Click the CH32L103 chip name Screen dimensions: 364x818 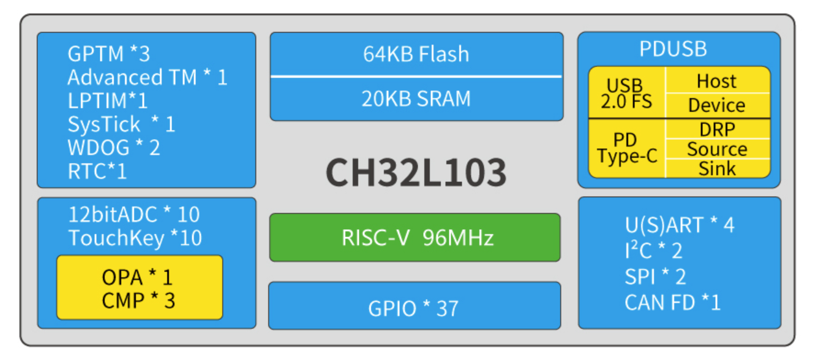pos(416,172)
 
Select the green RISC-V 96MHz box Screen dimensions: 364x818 pos(415,238)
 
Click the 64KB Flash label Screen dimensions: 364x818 pos(416,54)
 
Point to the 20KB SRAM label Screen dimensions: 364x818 pos(416,99)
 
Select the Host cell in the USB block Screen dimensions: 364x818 pos(716,81)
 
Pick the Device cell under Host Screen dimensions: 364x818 pos(716,105)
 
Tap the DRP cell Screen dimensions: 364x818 pos(717,129)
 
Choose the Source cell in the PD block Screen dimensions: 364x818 pos(717,149)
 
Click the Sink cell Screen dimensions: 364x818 pos(717,168)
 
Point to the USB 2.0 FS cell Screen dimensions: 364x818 pos(626,94)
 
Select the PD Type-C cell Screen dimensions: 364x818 pos(626,149)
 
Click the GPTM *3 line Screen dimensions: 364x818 pos(108,54)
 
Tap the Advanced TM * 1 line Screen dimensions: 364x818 pos(147,78)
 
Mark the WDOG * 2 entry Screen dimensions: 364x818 pos(113,148)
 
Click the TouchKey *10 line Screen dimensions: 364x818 pos(135,238)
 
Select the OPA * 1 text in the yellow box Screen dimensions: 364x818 pos(138,278)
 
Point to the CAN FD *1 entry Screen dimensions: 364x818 pos(672,302)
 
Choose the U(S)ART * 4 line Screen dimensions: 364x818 pos(679,225)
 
